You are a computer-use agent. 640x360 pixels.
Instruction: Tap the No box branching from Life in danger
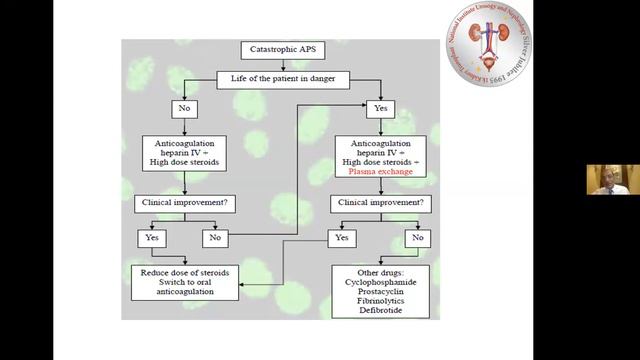[x=184, y=108]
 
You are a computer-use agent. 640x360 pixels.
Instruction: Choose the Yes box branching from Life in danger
[x=380, y=108]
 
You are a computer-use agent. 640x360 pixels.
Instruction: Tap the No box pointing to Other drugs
[x=416, y=238]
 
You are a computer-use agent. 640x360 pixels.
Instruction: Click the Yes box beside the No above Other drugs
[x=342, y=238]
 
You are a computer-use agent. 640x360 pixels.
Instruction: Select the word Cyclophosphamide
[x=381, y=282]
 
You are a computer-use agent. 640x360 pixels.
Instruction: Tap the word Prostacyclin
[x=381, y=292]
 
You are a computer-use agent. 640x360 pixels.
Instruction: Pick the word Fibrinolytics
[x=381, y=302]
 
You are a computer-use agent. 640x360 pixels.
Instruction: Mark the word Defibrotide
[x=381, y=312]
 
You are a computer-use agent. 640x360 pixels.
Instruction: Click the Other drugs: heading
[x=381, y=272]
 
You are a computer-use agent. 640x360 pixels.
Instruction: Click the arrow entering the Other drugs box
[x=416, y=256]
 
